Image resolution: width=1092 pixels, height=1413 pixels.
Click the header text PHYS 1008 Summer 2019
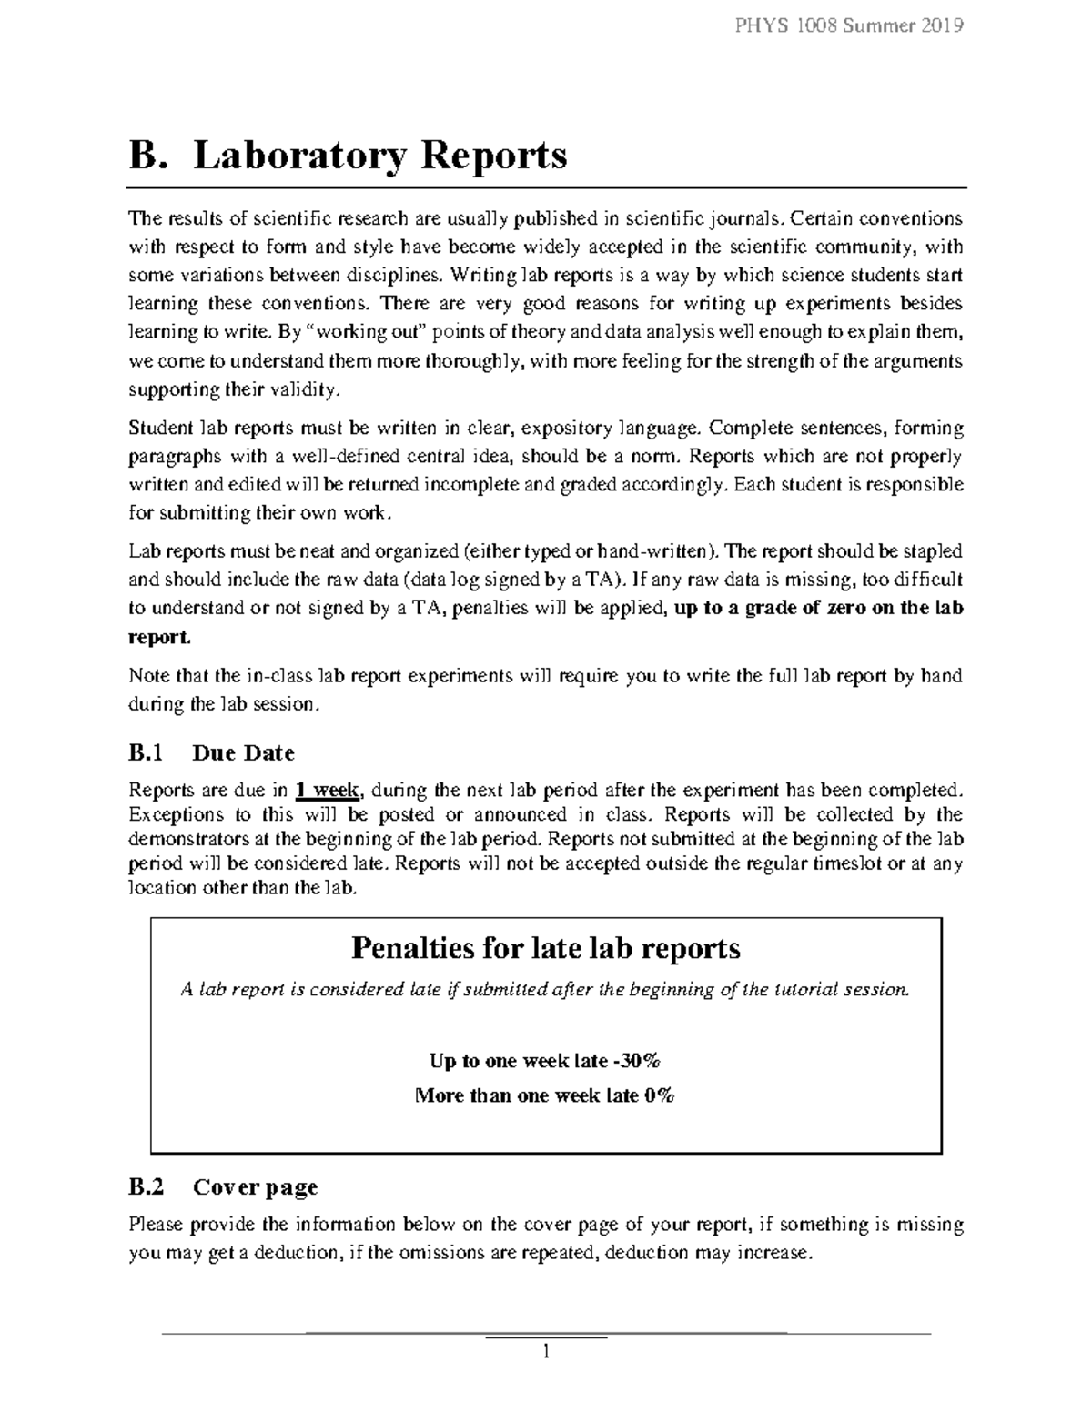(848, 25)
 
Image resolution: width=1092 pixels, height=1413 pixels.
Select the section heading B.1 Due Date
(211, 752)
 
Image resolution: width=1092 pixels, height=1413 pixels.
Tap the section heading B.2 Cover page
(223, 1186)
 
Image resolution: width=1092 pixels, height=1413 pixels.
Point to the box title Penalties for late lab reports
(545, 948)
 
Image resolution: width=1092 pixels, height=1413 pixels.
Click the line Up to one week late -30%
(544, 1061)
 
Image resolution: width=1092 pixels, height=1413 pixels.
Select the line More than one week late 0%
(544, 1095)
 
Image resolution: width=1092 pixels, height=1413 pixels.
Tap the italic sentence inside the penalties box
(545, 990)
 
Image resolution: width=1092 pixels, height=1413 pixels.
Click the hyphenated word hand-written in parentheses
(652, 551)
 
